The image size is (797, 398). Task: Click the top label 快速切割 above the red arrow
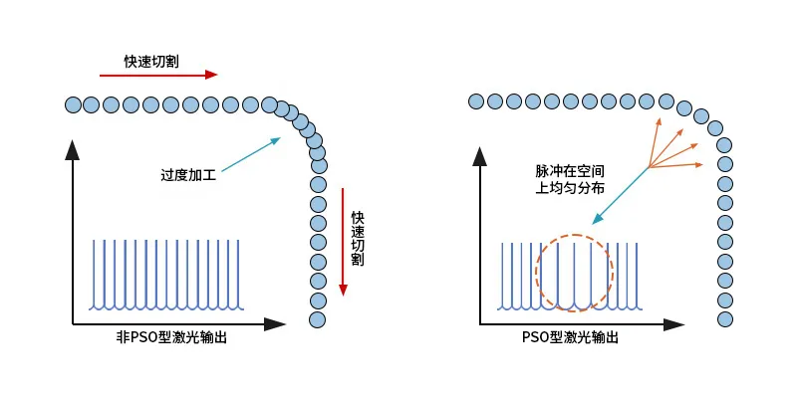click(x=152, y=62)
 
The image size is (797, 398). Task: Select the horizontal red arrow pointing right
click(x=158, y=75)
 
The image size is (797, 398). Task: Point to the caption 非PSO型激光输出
click(x=171, y=337)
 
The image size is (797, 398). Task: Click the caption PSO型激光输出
click(x=570, y=337)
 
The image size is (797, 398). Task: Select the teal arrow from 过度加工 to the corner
click(x=248, y=154)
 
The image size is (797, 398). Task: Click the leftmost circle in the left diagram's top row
click(x=72, y=103)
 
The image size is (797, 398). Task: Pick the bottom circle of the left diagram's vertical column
click(x=318, y=319)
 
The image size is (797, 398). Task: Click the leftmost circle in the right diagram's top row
click(x=476, y=100)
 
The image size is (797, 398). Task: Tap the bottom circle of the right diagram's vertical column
click(x=725, y=318)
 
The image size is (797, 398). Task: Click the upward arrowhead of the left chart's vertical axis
click(x=72, y=150)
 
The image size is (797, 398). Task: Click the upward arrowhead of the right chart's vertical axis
click(x=480, y=156)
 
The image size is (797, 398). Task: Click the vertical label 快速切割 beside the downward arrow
click(x=357, y=238)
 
